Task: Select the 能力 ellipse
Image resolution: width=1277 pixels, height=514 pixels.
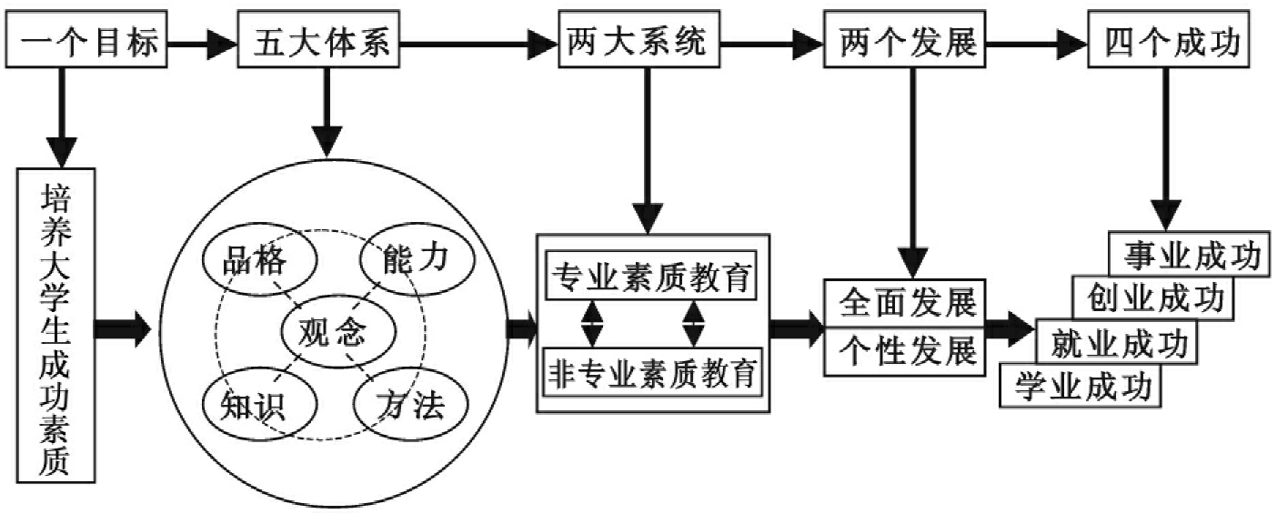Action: [x=417, y=257]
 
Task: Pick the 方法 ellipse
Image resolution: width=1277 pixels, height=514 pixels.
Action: [x=410, y=404]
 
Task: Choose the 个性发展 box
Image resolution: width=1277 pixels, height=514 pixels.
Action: [x=906, y=351]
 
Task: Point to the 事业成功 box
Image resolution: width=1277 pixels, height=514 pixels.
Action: [x=1188, y=256]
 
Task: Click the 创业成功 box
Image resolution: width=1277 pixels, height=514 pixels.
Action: [x=1151, y=298]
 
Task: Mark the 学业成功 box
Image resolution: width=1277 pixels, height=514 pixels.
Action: [x=1081, y=386]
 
